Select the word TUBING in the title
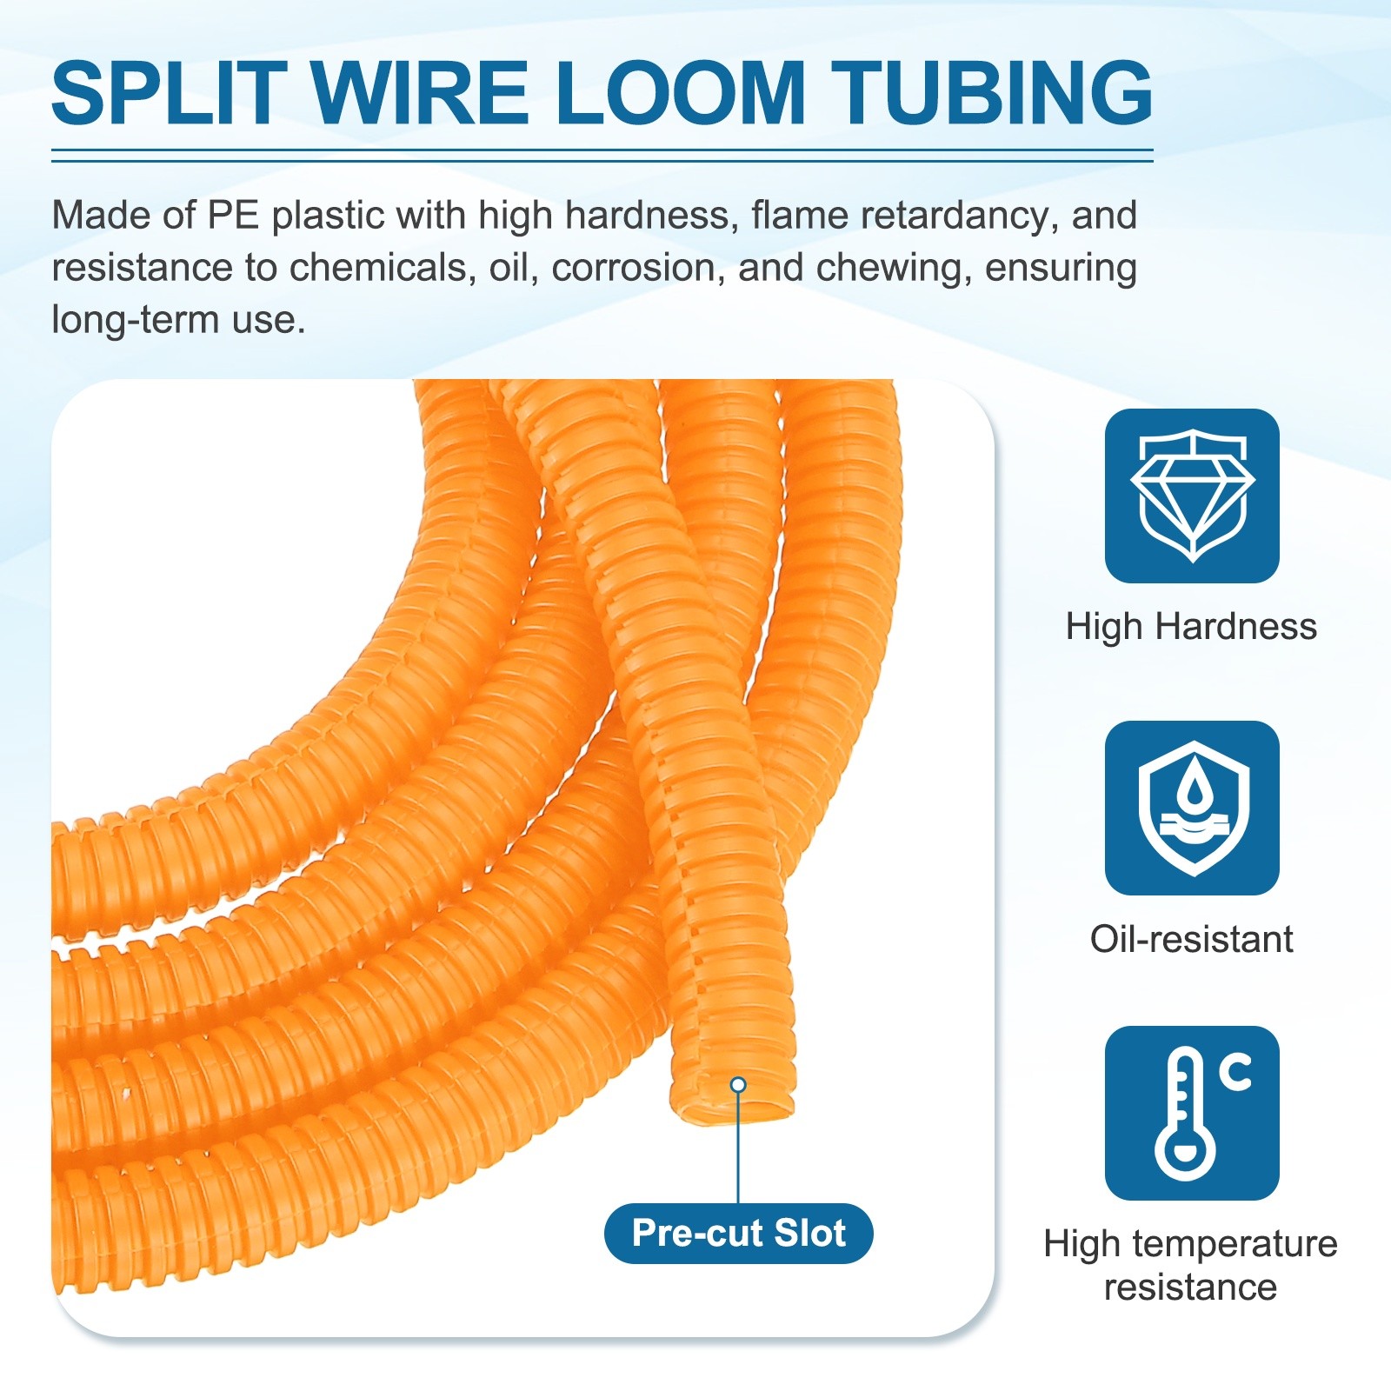click(991, 93)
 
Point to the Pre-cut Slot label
click(738, 1233)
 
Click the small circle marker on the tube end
click(738, 1084)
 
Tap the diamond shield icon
click(1192, 496)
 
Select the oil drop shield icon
click(1192, 808)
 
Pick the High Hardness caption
click(1191, 627)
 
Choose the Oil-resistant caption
click(1191, 940)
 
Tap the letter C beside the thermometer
click(1235, 1072)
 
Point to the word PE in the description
click(233, 215)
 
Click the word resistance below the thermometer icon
click(1190, 1288)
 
